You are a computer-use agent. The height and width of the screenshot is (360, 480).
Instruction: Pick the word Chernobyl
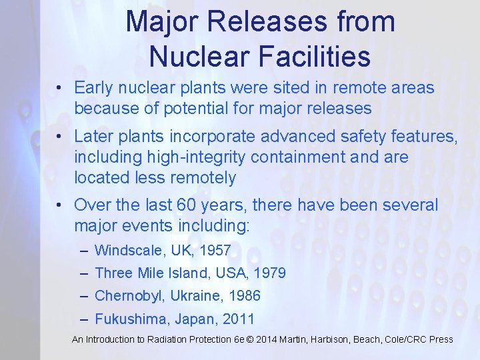pyautogui.click(x=130, y=295)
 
